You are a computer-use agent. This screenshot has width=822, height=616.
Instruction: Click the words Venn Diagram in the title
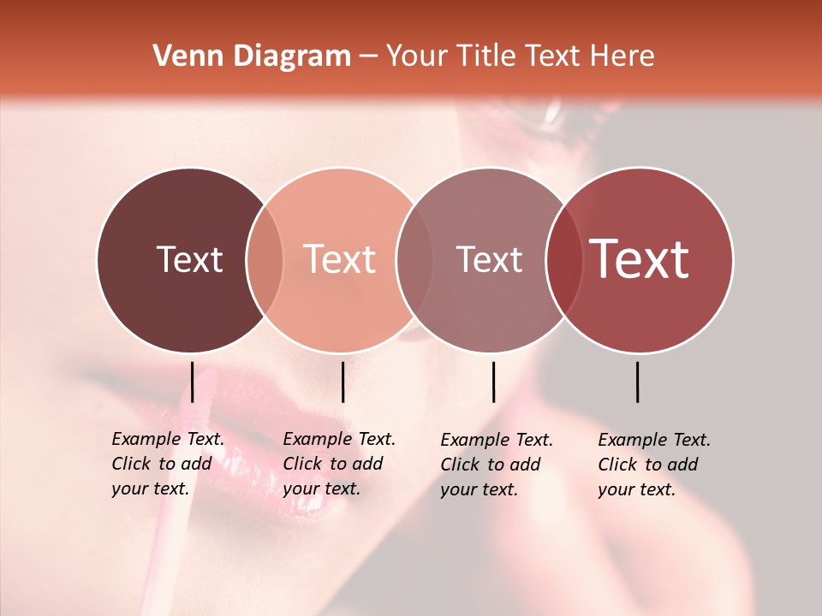click(251, 56)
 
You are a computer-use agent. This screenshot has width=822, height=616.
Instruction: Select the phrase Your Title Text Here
click(520, 56)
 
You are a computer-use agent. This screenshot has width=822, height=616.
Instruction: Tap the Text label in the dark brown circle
click(189, 259)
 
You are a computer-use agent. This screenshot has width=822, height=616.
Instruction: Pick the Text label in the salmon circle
click(340, 259)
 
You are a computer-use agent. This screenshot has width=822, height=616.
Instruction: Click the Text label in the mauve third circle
click(489, 259)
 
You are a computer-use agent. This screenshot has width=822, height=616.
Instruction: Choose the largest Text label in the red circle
click(640, 259)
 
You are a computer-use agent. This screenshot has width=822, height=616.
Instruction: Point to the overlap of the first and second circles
click(265, 259)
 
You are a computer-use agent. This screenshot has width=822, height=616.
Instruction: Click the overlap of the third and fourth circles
click(564, 259)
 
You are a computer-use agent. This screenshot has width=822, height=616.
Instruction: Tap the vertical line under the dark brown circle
click(193, 382)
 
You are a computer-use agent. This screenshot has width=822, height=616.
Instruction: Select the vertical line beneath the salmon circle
click(342, 382)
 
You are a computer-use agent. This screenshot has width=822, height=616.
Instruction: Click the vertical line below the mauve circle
click(493, 382)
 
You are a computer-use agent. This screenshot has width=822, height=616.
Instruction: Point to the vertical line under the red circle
click(638, 382)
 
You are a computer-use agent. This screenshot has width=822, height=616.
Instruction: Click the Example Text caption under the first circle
click(168, 464)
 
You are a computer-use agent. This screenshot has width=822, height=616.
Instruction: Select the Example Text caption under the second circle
click(339, 464)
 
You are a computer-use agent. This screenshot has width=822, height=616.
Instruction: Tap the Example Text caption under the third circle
click(497, 465)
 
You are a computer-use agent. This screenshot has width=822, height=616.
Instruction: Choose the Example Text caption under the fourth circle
click(654, 465)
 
